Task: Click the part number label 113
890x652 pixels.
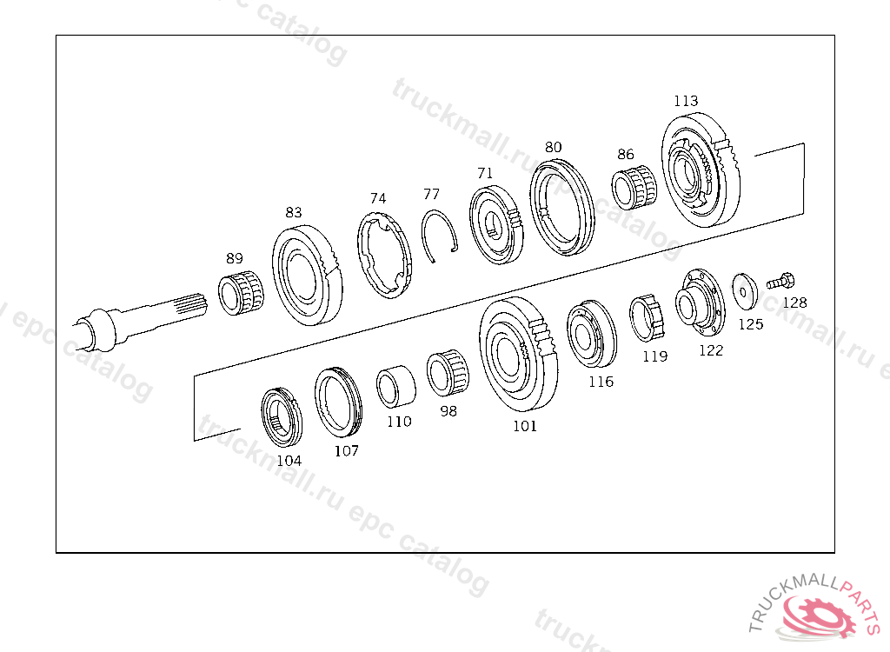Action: click(x=686, y=101)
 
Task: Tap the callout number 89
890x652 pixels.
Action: click(x=235, y=258)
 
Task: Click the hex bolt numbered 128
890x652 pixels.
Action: click(x=780, y=281)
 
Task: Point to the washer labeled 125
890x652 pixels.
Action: click(x=745, y=292)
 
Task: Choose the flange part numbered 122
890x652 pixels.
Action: click(x=700, y=303)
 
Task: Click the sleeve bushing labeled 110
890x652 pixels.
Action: click(x=395, y=386)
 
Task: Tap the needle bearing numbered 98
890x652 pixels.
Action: click(x=448, y=373)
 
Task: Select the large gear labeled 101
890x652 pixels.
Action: click(x=518, y=355)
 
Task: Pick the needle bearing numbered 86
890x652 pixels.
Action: click(x=634, y=186)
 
